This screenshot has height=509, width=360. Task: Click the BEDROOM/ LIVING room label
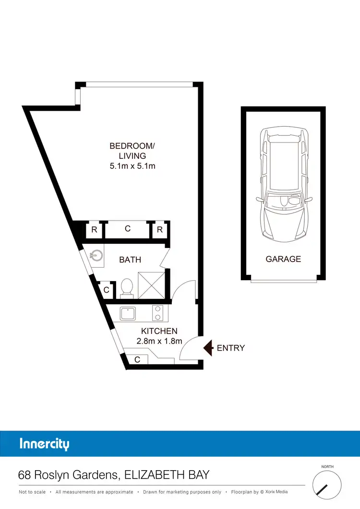(132, 151)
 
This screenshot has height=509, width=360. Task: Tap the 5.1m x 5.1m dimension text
(132, 166)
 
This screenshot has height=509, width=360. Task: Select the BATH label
(130, 260)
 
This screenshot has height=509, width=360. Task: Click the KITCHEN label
(159, 331)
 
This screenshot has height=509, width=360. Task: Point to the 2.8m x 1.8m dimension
(159, 342)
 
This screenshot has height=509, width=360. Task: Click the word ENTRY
(231, 348)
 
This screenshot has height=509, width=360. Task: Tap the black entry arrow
(208, 348)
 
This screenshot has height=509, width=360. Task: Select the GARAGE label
(283, 259)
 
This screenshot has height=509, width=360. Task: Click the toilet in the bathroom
(127, 287)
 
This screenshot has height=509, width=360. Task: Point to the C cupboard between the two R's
(128, 229)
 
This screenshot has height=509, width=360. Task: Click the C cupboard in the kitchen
(137, 359)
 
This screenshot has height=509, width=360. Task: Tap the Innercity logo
(44, 444)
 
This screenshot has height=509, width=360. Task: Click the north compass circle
(327, 484)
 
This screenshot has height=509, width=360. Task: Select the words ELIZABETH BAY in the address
(167, 475)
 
